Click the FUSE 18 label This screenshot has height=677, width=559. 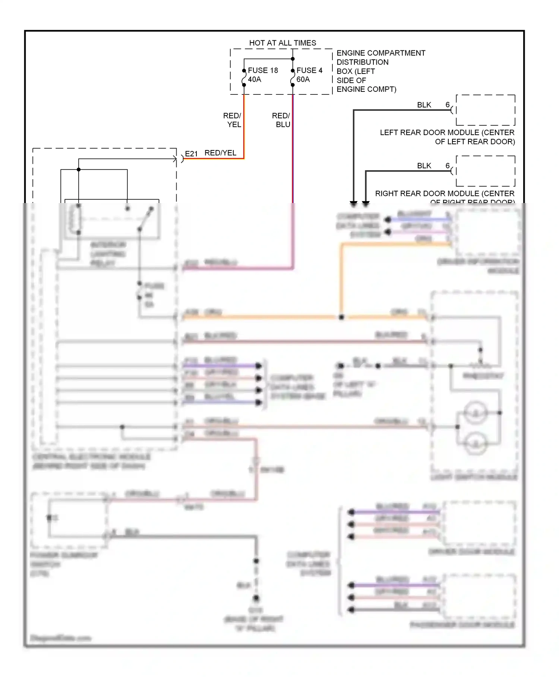[x=263, y=71]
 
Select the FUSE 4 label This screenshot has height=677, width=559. [x=309, y=71]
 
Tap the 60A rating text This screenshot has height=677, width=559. [x=303, y=79]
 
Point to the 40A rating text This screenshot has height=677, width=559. [x=255, y=79]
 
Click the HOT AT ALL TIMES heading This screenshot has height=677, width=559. [x=282, y=43]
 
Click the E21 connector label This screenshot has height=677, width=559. [x=191, y=154]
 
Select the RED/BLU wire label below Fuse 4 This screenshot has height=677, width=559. [x=281, y=120]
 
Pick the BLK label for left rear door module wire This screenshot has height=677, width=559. [x=424, y=105]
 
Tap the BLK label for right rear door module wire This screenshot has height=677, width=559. [x=424, y=166]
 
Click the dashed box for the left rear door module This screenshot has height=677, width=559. [x=486, y=110]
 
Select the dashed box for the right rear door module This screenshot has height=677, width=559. [x=486, y=171]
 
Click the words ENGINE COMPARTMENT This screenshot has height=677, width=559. [x=381, y=53]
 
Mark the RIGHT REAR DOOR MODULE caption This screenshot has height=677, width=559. [x=445, y=194]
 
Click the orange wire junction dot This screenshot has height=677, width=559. [x=341, y=317]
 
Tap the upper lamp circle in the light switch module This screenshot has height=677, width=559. [x=476, y=413]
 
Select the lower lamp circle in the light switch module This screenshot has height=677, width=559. [x=476, y=443]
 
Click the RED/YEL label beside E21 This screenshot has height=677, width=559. [x=220, y=153]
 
